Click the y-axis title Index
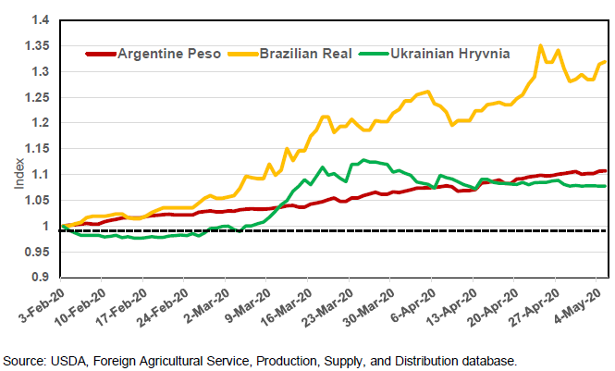(x=19, y=174)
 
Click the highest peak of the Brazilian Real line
(x=541, y=45)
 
